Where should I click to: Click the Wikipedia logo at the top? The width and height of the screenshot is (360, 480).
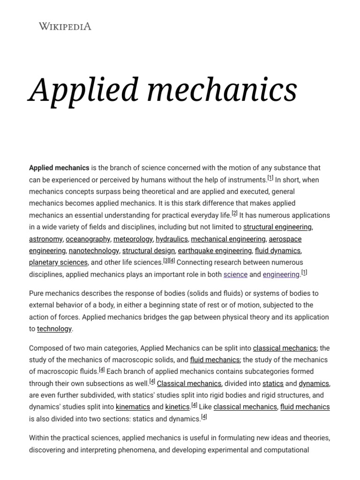click(65, 26)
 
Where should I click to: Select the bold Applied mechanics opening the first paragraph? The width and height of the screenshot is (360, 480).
click(59, 168)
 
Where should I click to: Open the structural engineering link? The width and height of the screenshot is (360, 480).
click(277, 227)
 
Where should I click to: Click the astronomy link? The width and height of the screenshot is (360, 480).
click(45, 239)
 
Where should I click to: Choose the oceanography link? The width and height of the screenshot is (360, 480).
click(88, 239)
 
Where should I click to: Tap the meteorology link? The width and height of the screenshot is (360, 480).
click(133, 239)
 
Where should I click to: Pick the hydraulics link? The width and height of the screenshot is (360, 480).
click(172, 239)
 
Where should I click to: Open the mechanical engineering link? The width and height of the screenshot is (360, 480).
click(228, 239)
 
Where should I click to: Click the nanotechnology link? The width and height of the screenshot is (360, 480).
click(94, 251)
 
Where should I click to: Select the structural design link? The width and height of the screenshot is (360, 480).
click(149, 251)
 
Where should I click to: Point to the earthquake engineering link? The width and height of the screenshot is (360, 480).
click(215, 251)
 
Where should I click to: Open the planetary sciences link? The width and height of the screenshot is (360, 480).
click(58, 262)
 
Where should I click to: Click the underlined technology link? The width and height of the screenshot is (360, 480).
click(54, 329)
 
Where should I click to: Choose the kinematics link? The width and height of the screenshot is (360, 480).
click(133, 407)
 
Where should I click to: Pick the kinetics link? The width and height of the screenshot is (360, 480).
click(177, 407)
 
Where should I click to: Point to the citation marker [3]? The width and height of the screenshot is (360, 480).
click(166, 261)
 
